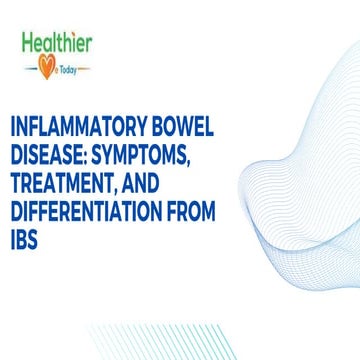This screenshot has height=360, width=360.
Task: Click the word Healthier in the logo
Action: [57, 42]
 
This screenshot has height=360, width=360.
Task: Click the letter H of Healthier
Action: [27, 42]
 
